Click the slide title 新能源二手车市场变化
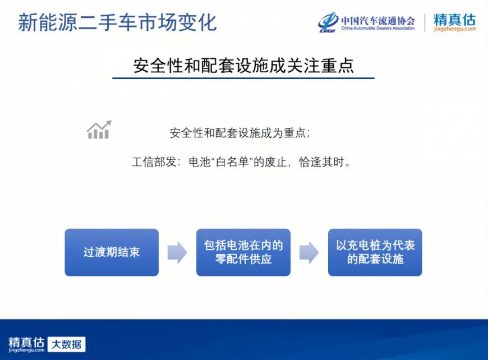pos(117,22)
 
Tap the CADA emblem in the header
pos(328,22)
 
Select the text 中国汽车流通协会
pos(378,21)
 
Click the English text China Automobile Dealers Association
pos(378,28)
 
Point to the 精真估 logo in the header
pos(455,20)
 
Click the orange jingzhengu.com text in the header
pos(455,29)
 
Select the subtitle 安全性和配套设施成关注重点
pos(243,66)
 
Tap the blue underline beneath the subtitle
pos(243,78)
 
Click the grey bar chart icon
pos(99,130)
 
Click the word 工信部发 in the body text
pos(154,162)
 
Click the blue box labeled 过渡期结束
pos(112,252)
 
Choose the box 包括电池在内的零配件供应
pos(243,252)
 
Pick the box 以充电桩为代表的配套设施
pos(375,252)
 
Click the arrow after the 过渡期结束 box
pos(177,252)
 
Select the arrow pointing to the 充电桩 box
pos(309,252)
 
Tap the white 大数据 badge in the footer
pos(67,344)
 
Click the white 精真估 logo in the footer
pos(26,344)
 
